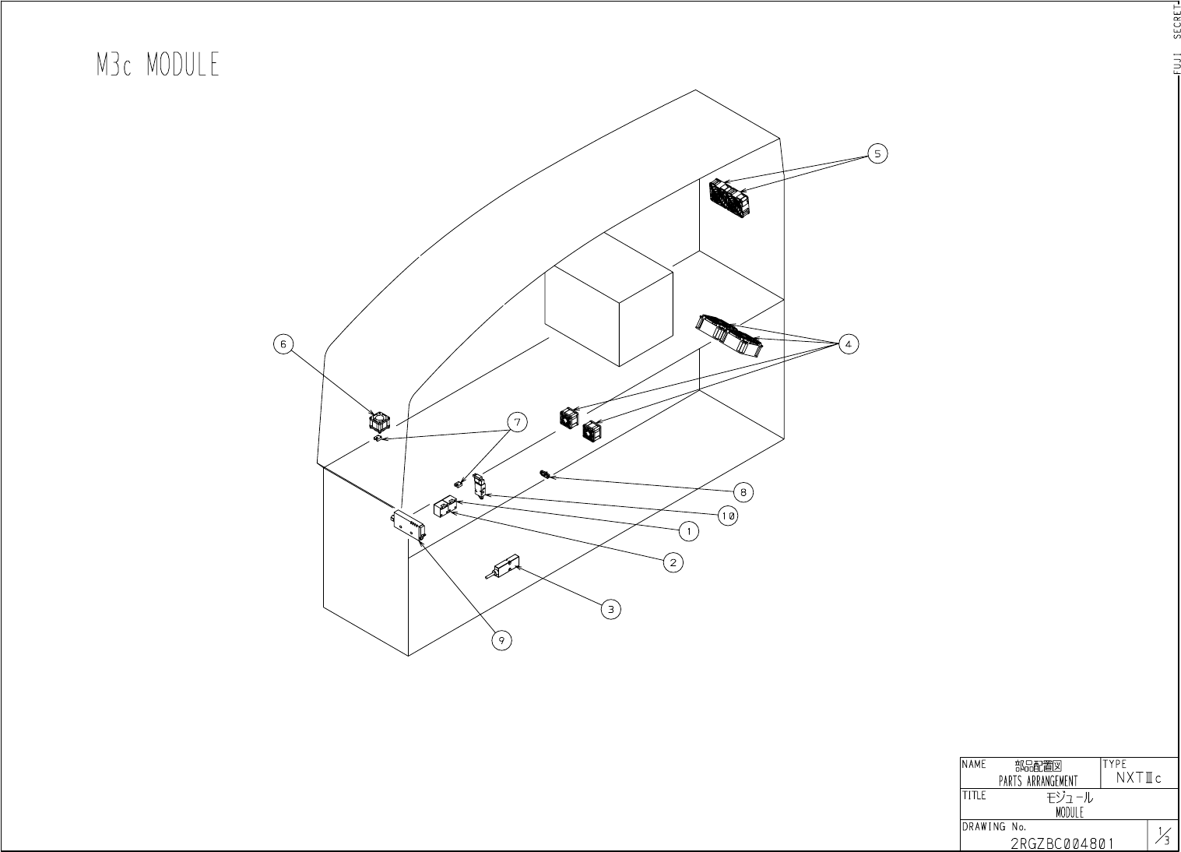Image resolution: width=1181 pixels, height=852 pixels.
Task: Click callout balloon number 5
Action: tap(877, 153)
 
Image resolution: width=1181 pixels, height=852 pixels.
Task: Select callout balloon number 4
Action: tap(848, 343)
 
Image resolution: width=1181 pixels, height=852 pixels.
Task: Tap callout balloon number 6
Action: tap(283, 343)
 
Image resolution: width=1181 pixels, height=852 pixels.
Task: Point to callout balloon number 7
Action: tap(517, 422)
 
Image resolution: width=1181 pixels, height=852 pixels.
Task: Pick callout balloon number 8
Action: tap(743, 491)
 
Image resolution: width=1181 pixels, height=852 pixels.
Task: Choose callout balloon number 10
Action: tap(728, 516)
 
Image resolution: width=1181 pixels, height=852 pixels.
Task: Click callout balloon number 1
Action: tap(688, 531)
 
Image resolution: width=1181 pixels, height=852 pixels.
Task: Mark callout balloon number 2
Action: tap(673, 562)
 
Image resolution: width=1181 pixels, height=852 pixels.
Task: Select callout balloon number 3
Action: tap(611, 609)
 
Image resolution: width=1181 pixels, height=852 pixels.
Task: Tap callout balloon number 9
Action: tap(501, 640)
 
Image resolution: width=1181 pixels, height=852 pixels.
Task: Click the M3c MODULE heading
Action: tap(158, 65)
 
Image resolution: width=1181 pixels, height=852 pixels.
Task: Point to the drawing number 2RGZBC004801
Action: tap(1062, 843)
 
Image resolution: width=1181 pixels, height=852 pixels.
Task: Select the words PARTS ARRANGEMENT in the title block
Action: tap(1039, 781)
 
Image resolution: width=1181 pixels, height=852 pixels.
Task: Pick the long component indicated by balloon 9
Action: tap(409, 526)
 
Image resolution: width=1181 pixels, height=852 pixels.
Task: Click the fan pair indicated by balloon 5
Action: tap(729, 197)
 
